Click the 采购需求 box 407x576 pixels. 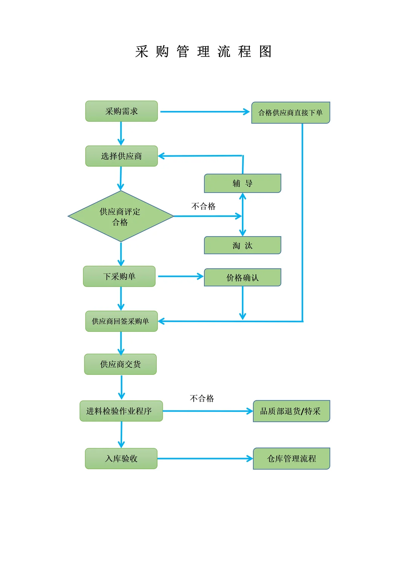pyautogui.click(x=121, y=111)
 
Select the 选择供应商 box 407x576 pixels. pyautogui.click(x=121, y=156)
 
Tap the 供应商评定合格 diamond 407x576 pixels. pyautogui.click(x=121, y=217)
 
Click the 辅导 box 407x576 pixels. pyautogui.click(x=242, y=183)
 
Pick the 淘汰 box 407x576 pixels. pyautogui.click(x=242, y=246)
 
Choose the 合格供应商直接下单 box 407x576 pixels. pyautogui.click(x=291, y=112)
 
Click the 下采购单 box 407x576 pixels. pyautogui.click(x=119, y=276)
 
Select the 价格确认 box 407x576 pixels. pyautogui.click(x=242, y=278)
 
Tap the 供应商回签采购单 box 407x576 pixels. pyautogui.click(x=121, y=321)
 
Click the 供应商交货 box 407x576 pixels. pyautogui.click(x=120, y=364)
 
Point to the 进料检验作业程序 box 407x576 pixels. pyautogui.click(x=121, y=411)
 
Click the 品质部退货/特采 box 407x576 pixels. pyautogui.click(x=291, y=411)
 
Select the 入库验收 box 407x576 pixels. pyautogui.click(x=121, y=459)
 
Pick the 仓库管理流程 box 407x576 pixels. pyautogui.click(x=291, y=459)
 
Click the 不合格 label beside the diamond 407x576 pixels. pyautogui.click(x=203, y=206)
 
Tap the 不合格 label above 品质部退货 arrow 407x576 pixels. pyautogui.click(x=202, y=399)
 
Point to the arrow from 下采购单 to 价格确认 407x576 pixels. pyautogui.click(x=180, y=276)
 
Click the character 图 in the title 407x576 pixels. pyautogui.click(x=265, y=52)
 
